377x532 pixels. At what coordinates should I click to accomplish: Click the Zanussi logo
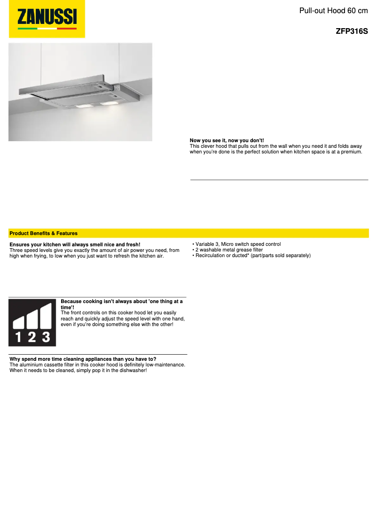tap(47, 19)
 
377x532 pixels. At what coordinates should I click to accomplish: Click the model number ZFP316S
tap(352, 32)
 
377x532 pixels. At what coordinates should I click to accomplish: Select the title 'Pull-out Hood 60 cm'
tap(333, 10)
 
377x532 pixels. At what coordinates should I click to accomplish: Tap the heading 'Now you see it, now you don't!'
tap(227, 141)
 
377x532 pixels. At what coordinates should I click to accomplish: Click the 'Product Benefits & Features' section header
tap(44, 233)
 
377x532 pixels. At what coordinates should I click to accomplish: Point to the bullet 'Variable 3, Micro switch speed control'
tap(238, 244)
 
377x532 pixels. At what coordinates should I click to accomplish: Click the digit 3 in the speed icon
tap(46, 337)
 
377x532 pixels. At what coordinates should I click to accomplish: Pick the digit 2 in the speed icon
tap(31, 337)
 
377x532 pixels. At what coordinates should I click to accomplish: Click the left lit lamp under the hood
tap(84, 106)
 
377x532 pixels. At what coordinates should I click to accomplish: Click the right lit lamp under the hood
tap(111, 102)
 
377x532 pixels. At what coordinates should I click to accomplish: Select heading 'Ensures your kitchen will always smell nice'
tap(75, 245)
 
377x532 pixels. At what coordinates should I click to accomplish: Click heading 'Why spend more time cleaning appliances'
tap(83, 359)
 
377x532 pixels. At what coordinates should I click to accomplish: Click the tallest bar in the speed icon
tap(46, 316)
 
